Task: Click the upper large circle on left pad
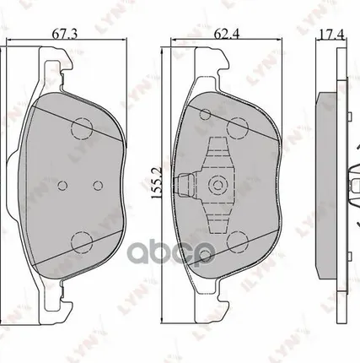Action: (82, 127)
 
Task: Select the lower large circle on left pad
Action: (82, 244)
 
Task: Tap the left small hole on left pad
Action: (63, 186)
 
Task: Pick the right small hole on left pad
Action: (98, 186)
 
